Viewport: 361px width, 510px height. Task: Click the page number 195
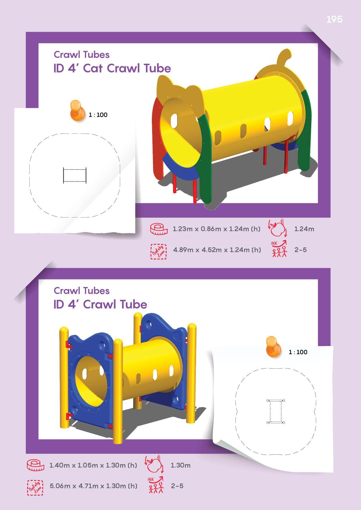(334, 19)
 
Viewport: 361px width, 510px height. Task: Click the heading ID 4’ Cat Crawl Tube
(112, 68)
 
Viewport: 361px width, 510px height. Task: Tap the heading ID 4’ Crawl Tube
(100, 304)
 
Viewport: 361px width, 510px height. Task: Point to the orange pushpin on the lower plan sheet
(274, 346)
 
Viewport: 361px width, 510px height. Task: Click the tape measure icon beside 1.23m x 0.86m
(159, 229)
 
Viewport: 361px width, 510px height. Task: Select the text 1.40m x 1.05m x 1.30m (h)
(93, 465)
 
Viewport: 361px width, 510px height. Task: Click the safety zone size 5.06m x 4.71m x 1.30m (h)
(93, 486)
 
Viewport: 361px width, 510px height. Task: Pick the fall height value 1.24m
(304, 229)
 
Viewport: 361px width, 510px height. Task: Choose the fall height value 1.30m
(180, 465)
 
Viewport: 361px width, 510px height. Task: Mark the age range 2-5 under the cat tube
(300, 250)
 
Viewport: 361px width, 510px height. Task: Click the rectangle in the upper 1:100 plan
(75, 175)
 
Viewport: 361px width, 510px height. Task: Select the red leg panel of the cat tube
(158, 140)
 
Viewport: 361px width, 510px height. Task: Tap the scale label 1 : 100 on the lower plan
(298, 352)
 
